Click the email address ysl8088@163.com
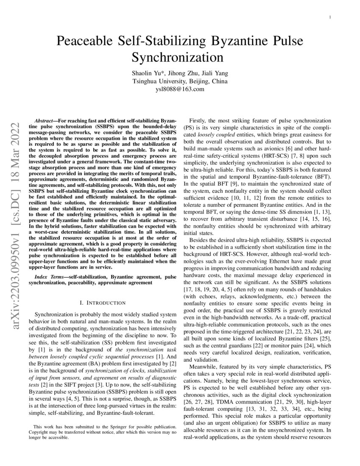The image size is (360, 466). [x=180, y=89]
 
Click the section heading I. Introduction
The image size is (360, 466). [x=102, y=303]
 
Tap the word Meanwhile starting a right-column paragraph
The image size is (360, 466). [x=204, y=366]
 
